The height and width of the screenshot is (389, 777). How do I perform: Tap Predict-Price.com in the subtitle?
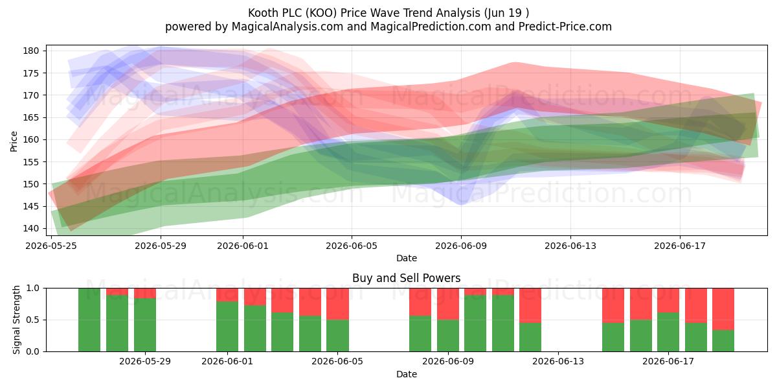(x=565, y=27)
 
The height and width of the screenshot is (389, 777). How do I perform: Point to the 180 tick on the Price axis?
(x=31, y=51)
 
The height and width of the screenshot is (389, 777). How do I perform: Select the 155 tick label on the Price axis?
(x=31, y=162)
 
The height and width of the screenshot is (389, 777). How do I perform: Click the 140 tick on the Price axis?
(x=31, y=228)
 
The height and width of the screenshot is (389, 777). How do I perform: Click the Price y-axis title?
(x=14, y=141)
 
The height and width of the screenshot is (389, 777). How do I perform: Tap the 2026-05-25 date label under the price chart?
(x=51, y=246)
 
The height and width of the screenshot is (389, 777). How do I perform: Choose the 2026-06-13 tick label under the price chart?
(x=570, y=246)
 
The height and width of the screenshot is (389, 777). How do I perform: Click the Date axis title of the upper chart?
(x=407, y=258)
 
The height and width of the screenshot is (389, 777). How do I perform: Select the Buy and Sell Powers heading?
(x=407, y=278)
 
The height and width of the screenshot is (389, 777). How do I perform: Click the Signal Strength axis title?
(x=16, y=320)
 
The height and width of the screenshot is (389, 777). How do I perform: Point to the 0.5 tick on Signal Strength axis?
(x=33, y=320)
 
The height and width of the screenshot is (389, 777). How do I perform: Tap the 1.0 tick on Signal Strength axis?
(x=33, y=289)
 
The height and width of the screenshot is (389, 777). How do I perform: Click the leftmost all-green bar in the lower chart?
(x=89, y=320)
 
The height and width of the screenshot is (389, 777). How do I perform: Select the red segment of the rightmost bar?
(x=723, y=309)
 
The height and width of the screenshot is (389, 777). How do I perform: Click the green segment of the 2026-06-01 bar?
(x=227, y=327)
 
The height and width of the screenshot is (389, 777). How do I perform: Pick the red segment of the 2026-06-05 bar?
(x=337, y=304)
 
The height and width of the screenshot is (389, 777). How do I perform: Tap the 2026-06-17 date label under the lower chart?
(x=668, y=362)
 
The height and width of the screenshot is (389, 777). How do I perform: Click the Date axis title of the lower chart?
(x=407, y=374)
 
